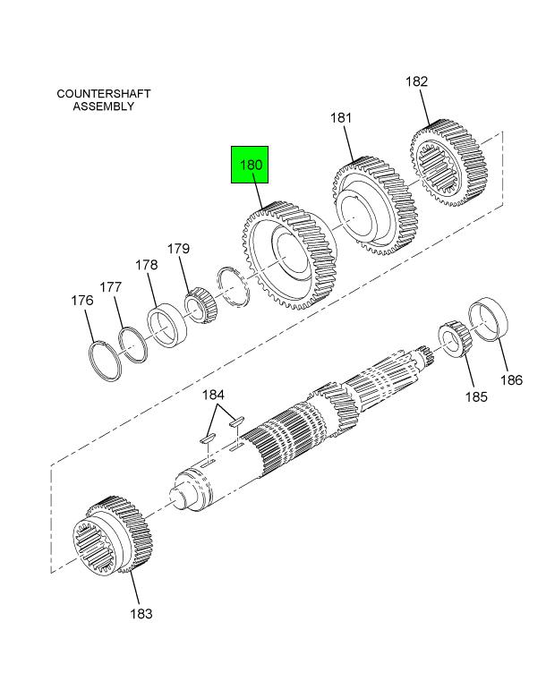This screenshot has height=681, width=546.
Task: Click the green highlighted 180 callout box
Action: pyautogui.click(x=250, y=165)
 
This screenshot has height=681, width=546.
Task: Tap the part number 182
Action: pyautogui.click(x=416, y=81)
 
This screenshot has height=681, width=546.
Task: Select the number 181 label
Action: pyautogui.click(x=340, y=118)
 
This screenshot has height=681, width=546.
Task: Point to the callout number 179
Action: pyautogui.click(x=178, y=249)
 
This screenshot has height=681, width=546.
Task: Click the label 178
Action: pyautogui.click(x=147, y=265)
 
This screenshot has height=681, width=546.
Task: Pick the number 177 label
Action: pyautogui.click(x=110, y=287)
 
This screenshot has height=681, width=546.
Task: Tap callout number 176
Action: pyautogui.click(x=82, y=300)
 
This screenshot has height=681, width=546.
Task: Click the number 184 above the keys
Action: pyautogui.click(x=213, y=395)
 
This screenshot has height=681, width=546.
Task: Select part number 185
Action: pyautogui.click(x=476, y=396)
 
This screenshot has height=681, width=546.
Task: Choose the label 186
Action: pyautogui.click(x=511, y=380)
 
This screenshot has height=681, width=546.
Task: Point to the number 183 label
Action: pyautogui.click(x=141, y=614)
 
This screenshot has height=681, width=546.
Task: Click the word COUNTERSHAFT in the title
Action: pyautogui.click(x=104, y=94)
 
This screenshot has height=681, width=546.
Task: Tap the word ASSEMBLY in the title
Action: pyautogui.click(x=103, y=106)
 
